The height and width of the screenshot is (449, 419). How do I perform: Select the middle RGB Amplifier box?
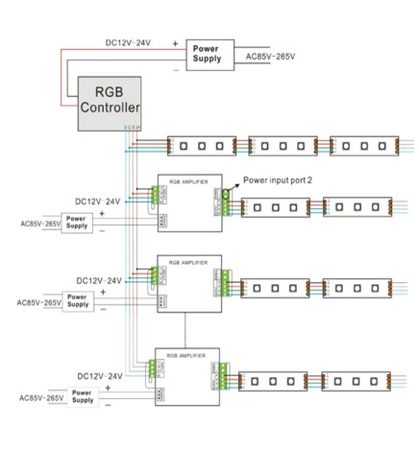point(187,280)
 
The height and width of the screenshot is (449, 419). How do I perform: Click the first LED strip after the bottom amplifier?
point(271,382)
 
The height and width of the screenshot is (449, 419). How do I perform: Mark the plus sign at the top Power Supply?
point(174,43)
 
